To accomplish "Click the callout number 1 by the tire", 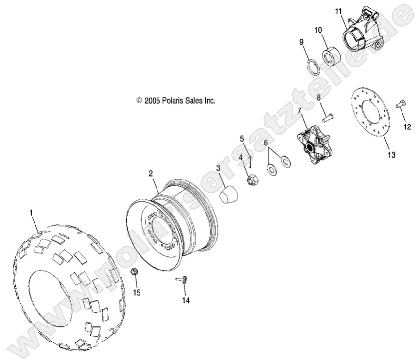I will pyautogui.click(x=32, y=213).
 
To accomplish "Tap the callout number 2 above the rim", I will pyautogui.click(x=151, y=173).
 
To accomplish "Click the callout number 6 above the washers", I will pyautogui.click(x=266, y=143).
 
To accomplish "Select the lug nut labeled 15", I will pyautogui.click(x=136, y=272).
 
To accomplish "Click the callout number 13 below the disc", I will pyautogui.click(x=391, y=155).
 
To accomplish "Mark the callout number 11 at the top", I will pyautogui.click(x=339, y=11).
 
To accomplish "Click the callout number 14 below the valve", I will pyautogui.click(x=185, y=300).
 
